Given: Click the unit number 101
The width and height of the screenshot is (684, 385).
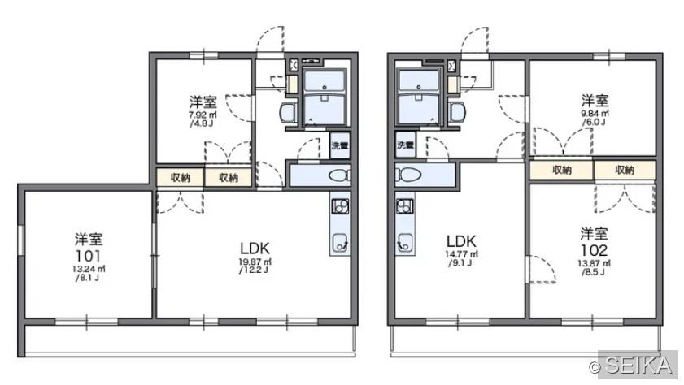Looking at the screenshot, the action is (89, 256).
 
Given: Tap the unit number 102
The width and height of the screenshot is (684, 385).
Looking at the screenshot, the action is (594, 250).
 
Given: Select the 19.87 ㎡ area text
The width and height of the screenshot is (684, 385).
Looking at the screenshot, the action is (255, 262).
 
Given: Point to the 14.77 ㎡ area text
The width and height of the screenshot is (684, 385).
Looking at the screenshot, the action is (461, 254).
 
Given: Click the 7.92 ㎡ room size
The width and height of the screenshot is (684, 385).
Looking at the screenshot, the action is (203, 115).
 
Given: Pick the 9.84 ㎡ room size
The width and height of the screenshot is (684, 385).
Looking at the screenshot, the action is (595, 114).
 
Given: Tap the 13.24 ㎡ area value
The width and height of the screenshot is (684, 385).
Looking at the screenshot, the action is (89, 269).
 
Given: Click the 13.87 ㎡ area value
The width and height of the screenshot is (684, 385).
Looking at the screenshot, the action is (594, 263).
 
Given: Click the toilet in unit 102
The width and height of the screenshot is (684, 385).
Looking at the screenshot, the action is (407, 175).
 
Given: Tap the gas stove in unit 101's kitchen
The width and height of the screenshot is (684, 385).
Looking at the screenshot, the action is (340, 205).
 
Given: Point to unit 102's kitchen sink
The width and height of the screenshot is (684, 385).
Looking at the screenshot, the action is (405, 242).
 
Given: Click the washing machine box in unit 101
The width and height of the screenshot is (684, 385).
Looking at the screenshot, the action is (340, 145).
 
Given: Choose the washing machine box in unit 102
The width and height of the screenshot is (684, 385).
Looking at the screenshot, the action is (405, 144).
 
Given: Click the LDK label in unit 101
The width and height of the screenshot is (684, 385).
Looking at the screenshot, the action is (255, 249).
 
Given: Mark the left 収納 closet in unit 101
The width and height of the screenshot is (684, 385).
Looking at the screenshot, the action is (181, 178).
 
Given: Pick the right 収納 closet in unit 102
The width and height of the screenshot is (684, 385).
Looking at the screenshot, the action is (625, 170).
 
